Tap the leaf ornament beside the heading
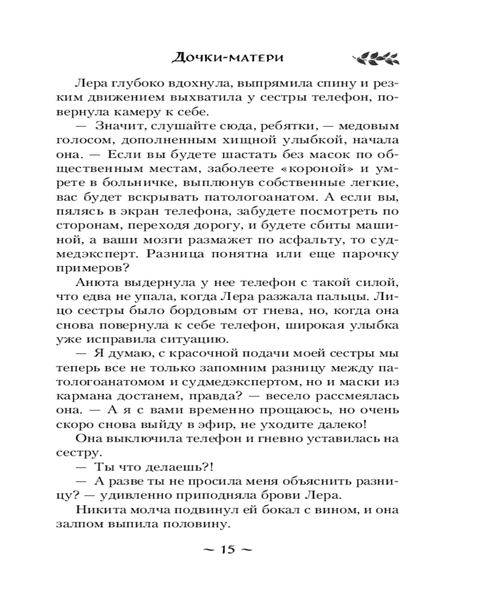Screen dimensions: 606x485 pos(375,58)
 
